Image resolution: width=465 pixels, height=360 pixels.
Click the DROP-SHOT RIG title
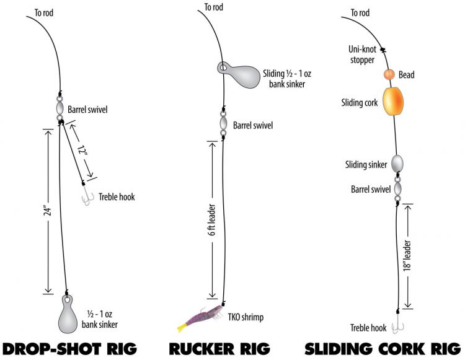(x=69, y=347)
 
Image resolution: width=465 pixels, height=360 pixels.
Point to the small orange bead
(x=389, y=75)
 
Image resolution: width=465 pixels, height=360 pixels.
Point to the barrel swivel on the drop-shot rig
(x=60, y=109)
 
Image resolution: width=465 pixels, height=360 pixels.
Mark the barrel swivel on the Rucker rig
(x=223, y=121)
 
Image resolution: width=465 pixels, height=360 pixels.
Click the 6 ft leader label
(x=212, y=220)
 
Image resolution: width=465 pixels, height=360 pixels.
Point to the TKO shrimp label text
(x=246, y=317)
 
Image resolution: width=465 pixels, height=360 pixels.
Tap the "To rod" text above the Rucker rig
(x=215, y=8)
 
